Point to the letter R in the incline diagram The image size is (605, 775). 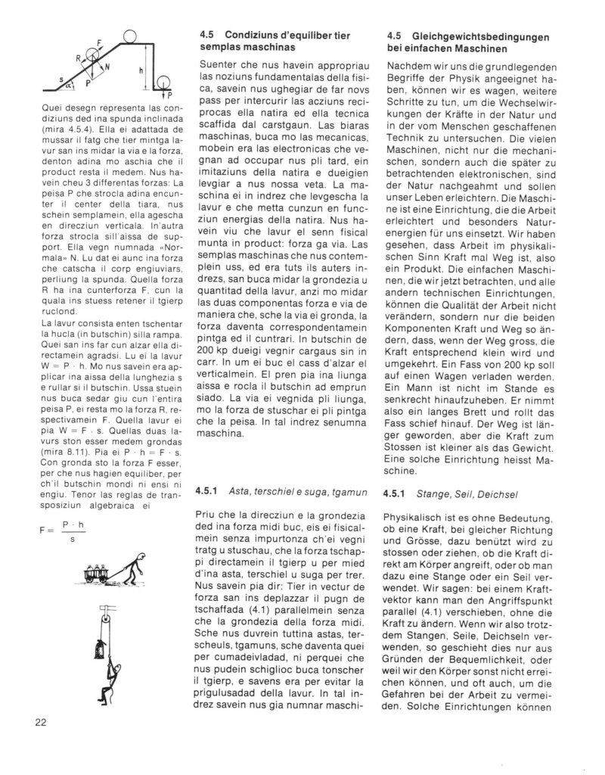coord(78,58)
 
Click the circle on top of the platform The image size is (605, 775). coord(128,34)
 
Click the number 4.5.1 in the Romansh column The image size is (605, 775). coord(206,493)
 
